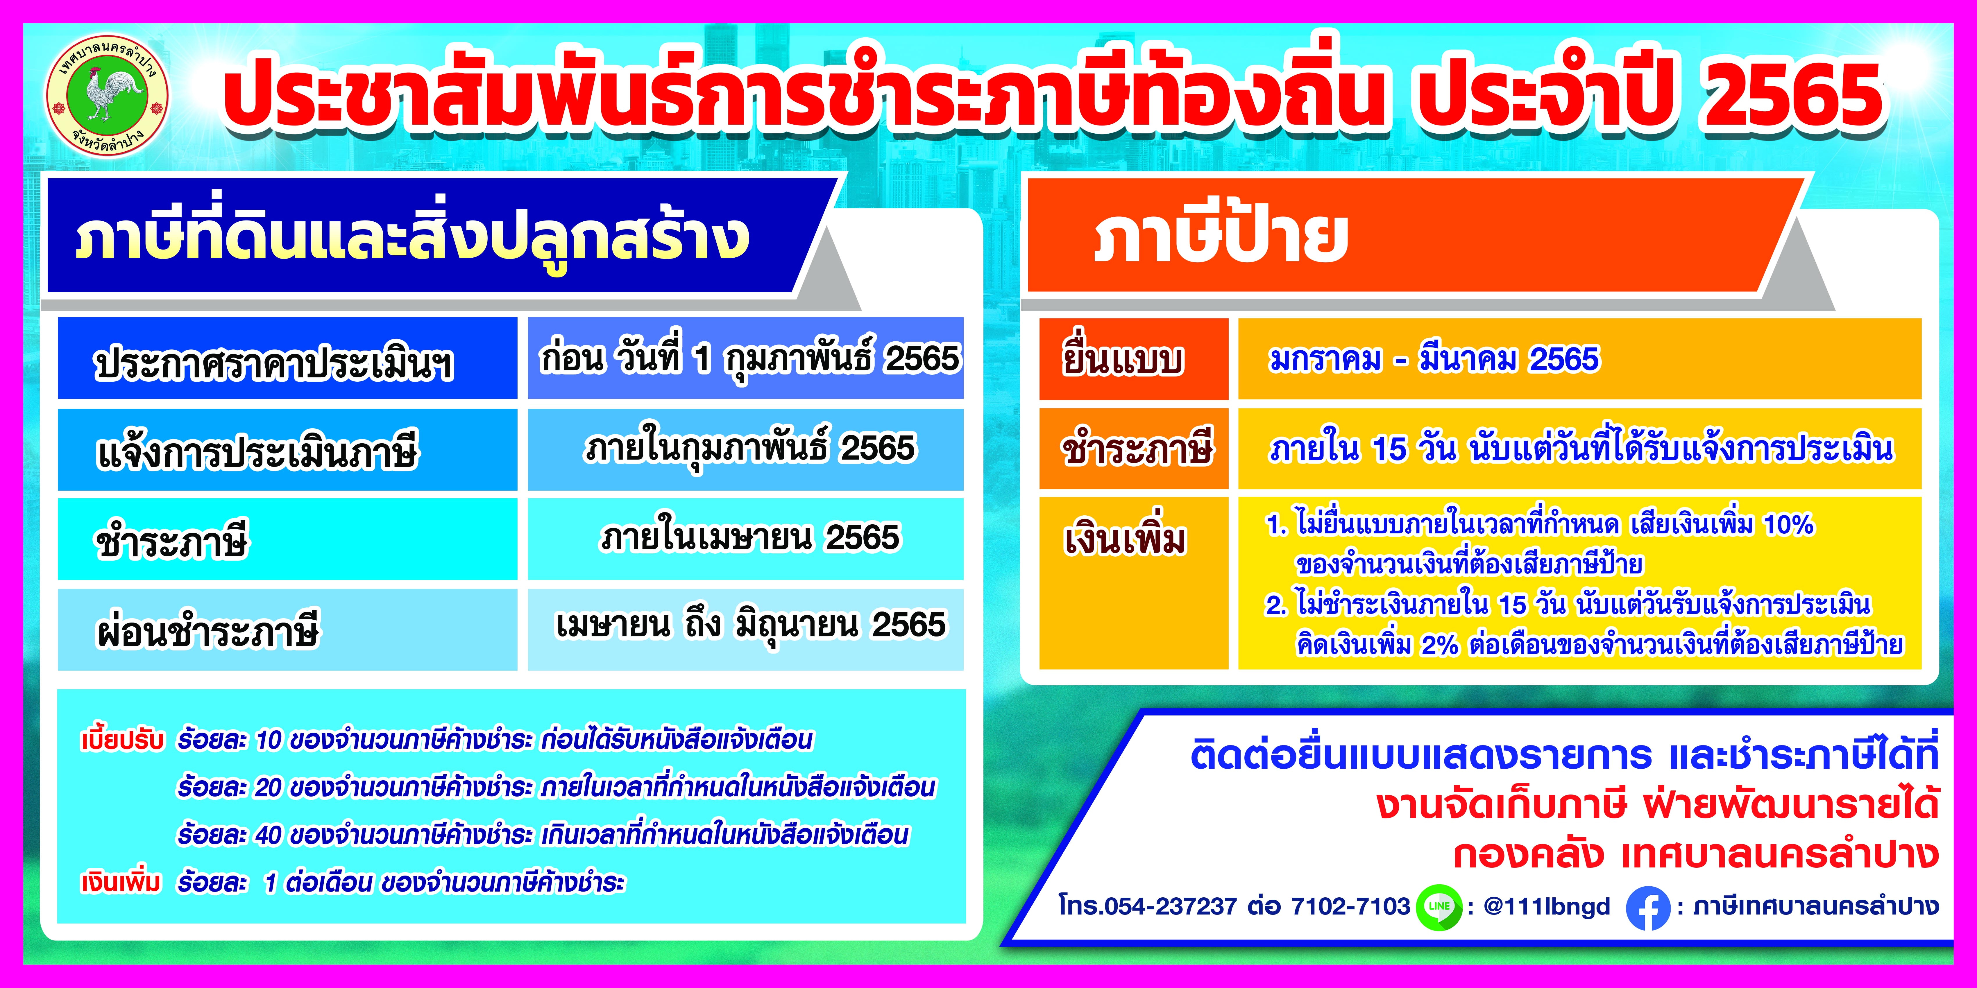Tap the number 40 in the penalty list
coord(268,835)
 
